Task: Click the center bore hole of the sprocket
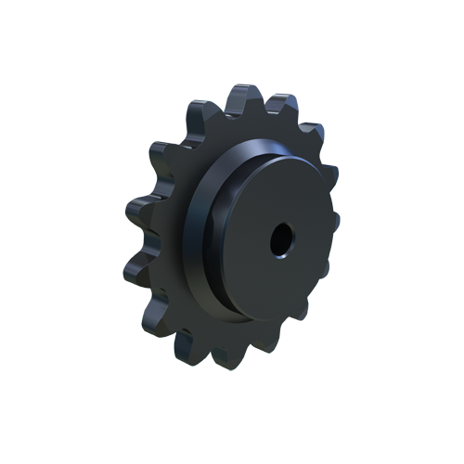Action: (x=280, y=243)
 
